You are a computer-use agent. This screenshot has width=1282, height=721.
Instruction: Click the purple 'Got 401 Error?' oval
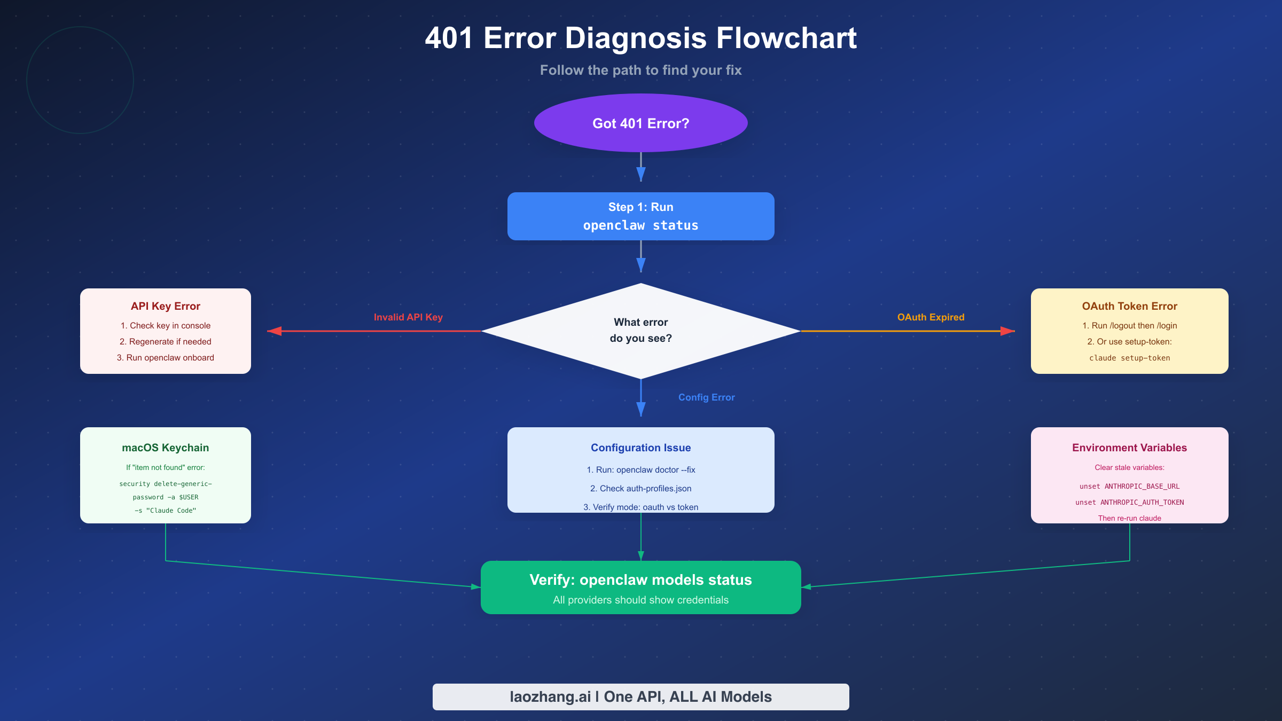[x=640, y=123]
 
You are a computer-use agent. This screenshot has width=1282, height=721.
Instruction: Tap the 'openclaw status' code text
[x=640, y=225]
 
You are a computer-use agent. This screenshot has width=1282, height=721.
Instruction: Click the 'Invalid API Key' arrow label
[x=408, y=317]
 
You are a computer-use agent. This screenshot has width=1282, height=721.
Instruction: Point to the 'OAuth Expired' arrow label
[x=931, y=317]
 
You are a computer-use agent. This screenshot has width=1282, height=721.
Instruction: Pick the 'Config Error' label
[x=706, y=397]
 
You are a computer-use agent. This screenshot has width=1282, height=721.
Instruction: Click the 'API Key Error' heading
[x=165, y=306]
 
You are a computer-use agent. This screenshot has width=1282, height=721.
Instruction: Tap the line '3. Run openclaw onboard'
[x=165, y=358]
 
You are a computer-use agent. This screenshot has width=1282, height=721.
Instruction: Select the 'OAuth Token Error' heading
[x=1129, y=306]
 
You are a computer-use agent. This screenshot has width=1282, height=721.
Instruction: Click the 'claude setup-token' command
[x=1129, y=358]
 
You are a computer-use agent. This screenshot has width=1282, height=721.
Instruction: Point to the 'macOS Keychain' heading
[x=165, y=448]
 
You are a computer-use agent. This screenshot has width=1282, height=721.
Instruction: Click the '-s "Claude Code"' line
[x=165, y=511]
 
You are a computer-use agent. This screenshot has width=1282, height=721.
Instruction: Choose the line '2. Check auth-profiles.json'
[x=640, y=489]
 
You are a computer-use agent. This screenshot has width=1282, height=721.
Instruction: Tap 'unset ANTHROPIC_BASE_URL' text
[x=1129, y=486]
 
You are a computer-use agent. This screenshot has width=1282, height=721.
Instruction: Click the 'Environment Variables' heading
[x=1129, y=448]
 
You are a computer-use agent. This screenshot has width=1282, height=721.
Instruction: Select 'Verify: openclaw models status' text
[x=640, y=580]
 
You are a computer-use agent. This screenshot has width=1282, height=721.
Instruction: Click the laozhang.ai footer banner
[x=640, y=697]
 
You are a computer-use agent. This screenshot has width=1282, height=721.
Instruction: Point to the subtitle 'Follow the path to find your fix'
[x=640, y=70]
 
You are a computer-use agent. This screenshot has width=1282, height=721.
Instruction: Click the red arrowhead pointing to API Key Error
[x=275, y=331]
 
